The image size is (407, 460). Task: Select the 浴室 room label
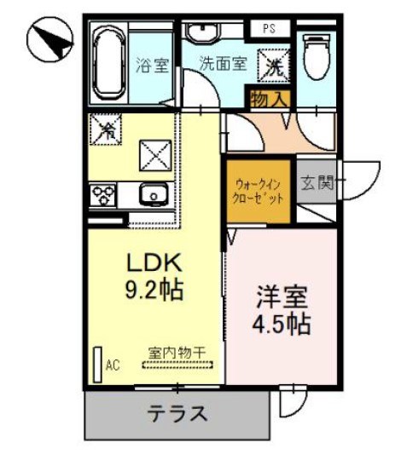click(153, 64)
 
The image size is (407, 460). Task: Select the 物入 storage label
click(270, 99)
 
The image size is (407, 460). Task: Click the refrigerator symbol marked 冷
click(108, 130)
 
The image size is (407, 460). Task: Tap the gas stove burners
click(102, 194)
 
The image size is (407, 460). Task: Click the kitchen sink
click(154, 194)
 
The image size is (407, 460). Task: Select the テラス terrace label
click(177, 414)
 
